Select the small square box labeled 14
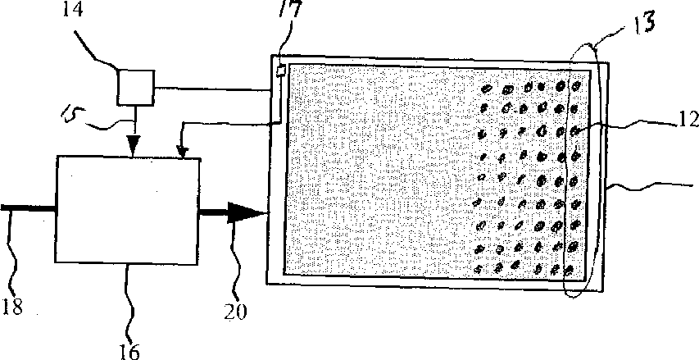coord(134,87)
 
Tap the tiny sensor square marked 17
coord(280,71)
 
